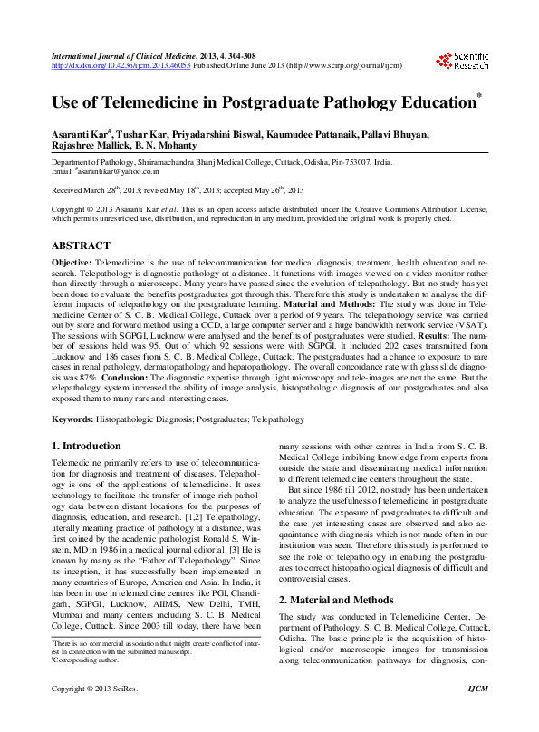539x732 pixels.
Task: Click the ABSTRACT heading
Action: coord(81,246)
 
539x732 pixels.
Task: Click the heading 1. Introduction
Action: coord(87,446)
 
